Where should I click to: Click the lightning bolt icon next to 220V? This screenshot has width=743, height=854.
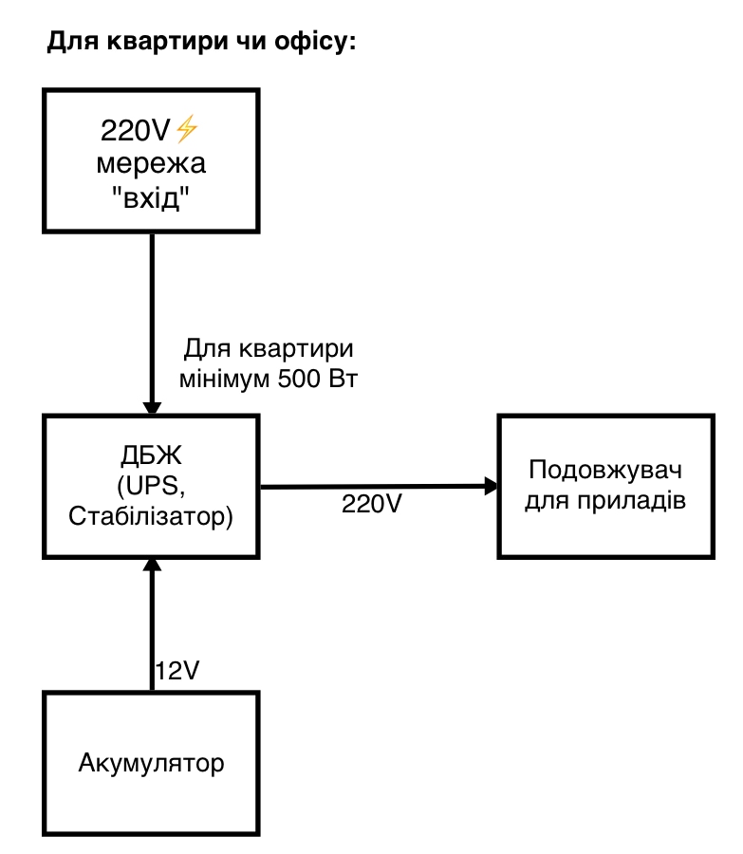click(x=187, y=128)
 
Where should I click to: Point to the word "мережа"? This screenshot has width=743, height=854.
click(x=152, y=164)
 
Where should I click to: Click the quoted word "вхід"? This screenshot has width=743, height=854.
click(x=152, y=198)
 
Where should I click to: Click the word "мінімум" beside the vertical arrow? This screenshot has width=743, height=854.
click(x=226, y=379)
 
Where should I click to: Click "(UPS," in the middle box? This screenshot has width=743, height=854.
click(x=152, y=487)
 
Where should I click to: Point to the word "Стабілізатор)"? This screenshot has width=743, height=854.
click(x=152, y=518)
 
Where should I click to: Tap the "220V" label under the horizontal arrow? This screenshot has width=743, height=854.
click(x=373, y=504)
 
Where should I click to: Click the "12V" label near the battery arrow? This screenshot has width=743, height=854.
click(x=177, y=672)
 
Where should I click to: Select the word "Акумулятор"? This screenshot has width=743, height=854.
click(x=152, y=763)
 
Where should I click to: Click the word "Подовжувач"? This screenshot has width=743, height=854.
click(x=606, y=471)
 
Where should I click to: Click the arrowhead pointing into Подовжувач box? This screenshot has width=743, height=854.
click(x=492, y=487)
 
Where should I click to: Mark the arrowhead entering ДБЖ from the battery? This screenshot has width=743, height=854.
click(x=152, y=566)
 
